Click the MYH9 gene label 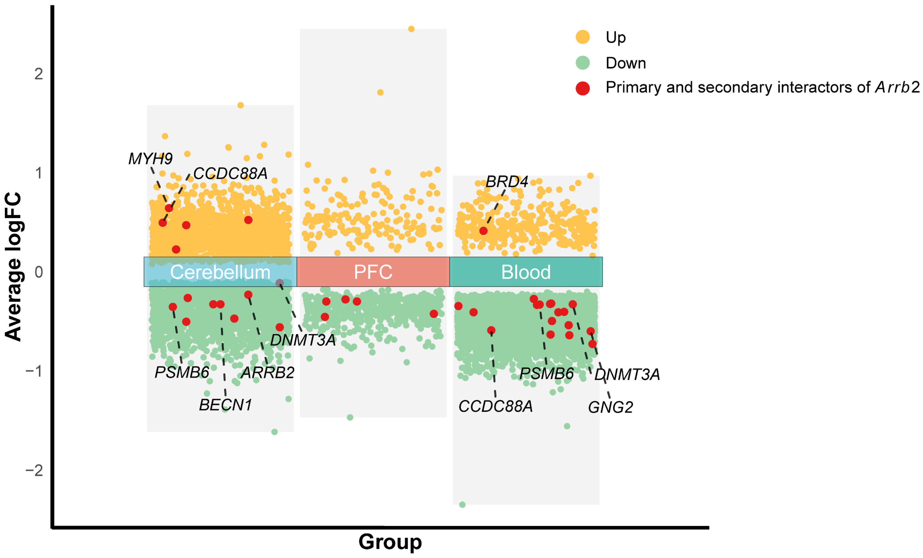click(150, 159)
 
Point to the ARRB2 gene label click(267, 372)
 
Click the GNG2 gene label click(610, 407)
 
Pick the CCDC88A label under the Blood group click(495, 406)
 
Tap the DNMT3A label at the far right click(627, 375)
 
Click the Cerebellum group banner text click(220, 272)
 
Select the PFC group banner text click(373, 272)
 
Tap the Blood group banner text click(526, 272)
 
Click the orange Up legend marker click(582, 37)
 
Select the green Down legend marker click(582, 62)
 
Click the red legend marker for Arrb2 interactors click(582, 88)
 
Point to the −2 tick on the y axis click(34, 470)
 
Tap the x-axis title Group click(390, 542)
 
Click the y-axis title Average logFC click(13, 266)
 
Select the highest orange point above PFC click(411, 29)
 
